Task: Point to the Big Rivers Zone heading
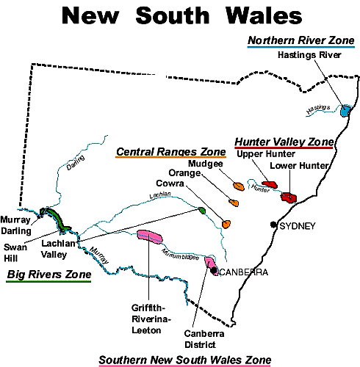[49, 275]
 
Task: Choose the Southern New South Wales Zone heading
[184, 359]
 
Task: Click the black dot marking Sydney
[273, 224]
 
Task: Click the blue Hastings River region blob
[345, 110]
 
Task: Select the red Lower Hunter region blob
[289, 197]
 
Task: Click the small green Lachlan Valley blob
[201, 211]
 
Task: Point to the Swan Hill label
[15, 252]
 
